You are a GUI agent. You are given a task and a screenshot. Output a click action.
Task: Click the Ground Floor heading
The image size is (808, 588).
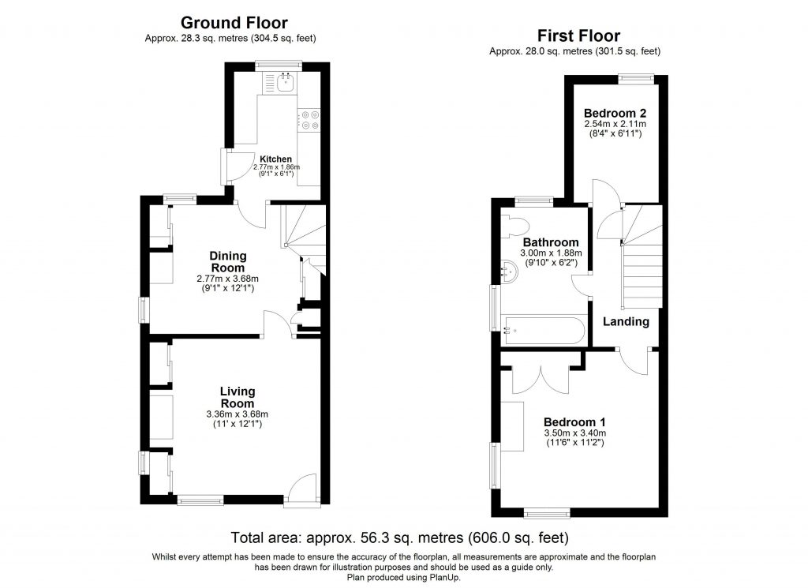(x=234, y=23)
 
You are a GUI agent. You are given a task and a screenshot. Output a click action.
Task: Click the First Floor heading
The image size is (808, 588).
(x=578, y=36)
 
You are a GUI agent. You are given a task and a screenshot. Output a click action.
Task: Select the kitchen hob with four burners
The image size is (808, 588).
(x=308, y=118)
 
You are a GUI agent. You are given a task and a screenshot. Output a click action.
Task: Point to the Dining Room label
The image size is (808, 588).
(x=228, y=261)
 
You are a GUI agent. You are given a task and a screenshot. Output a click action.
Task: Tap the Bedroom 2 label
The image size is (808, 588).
(x=615, y=112)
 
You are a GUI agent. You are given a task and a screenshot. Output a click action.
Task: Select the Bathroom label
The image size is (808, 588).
(x=551, y=242)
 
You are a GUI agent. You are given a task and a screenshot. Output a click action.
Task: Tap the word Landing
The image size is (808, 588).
(x=626, y=321)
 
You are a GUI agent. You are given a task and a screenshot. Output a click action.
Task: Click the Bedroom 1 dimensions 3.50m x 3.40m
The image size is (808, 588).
(x=575, y=433)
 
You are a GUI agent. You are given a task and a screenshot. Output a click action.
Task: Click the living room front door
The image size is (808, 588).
(x=302, y=489)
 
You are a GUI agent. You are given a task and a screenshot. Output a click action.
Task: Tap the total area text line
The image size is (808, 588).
(x=399, y=539)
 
